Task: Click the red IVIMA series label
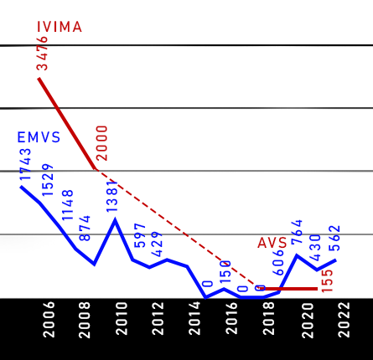click(x=60, y=27)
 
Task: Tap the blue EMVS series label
click(x=39, y=137)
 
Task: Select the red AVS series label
click(x=272, y=243)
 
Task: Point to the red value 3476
click(x=42, y=54)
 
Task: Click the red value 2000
click(x=101, y=143)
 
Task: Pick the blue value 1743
click(x=25, y=164)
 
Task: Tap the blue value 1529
click(x=48, y=179)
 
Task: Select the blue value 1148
click(x=67, y=205)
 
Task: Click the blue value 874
click(x=85, y=228)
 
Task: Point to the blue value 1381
click(x=112, y=196)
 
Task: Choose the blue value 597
click(x=140, y=235)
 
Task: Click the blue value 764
click(x=297, y=232)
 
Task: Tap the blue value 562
click(x=334, y=238)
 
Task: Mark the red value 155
click(x=328, y=281)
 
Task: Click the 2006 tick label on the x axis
click(x=49, y=320)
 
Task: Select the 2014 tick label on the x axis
click(x=195, y=318)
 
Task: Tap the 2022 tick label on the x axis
click(x=344, y=320)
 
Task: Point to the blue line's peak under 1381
click(x=115, y=220)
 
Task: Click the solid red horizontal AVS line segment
click(x=289, y=289)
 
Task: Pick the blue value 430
click(x=315, y=248)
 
